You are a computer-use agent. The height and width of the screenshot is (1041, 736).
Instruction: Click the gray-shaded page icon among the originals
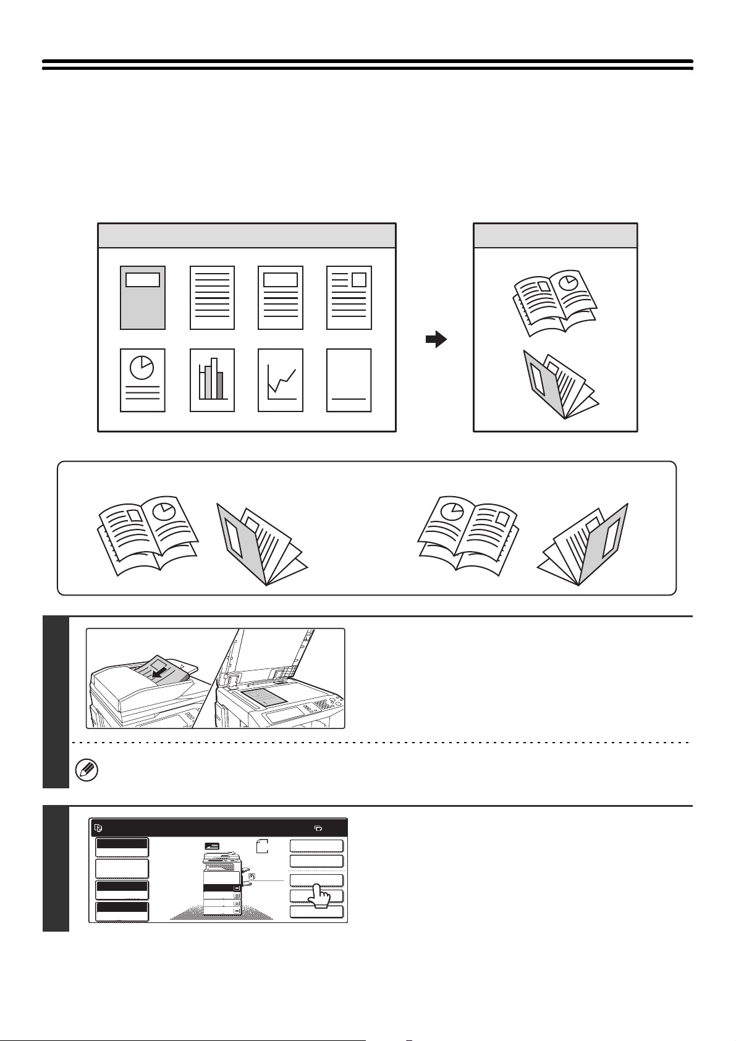(142, 298)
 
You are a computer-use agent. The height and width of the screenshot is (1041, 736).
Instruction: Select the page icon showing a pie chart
(142, 380)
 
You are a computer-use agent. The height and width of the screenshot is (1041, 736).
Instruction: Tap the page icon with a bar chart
(212, 380)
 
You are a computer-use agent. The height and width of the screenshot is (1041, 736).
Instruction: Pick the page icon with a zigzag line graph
(280, 380)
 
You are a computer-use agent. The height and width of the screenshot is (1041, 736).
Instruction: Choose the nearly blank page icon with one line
(349, 380)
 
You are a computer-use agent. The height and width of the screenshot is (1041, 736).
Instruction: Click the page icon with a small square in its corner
(349, 298)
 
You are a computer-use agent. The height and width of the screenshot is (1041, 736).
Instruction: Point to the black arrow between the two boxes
(436, 339)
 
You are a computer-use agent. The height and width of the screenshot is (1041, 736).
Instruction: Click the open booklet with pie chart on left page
(467, 535)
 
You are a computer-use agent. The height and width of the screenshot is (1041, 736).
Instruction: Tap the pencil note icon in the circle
(83, 770)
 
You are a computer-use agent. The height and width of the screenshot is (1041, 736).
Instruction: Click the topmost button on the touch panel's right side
(316, 846)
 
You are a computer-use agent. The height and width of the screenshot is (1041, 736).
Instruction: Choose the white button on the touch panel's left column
(122, 869)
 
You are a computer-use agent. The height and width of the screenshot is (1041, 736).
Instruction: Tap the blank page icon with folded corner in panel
(262, 846)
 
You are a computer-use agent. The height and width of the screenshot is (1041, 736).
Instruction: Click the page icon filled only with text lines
(212, 298)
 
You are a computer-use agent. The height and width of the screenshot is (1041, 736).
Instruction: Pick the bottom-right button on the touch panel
(316, 912)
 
